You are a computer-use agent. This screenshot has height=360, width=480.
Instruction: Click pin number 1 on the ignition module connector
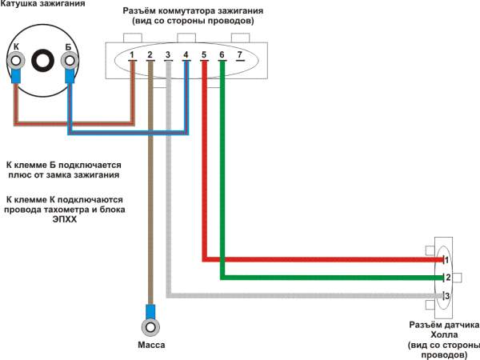pos(132,56)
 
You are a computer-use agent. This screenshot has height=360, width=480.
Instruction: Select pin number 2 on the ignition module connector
pos(150,56)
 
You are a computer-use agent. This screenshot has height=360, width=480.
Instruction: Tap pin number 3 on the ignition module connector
pos(167,56)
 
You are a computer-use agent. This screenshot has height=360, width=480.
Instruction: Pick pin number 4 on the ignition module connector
pos(186,56)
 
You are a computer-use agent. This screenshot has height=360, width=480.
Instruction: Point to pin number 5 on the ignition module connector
pos(204,56)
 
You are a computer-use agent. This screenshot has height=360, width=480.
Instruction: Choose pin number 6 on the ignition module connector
pos(222,56)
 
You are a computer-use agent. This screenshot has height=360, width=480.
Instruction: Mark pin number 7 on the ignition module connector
pos(239,56)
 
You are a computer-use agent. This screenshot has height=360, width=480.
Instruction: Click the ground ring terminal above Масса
pos(150,326)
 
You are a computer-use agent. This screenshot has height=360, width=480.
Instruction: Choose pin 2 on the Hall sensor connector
pos(448,278)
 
